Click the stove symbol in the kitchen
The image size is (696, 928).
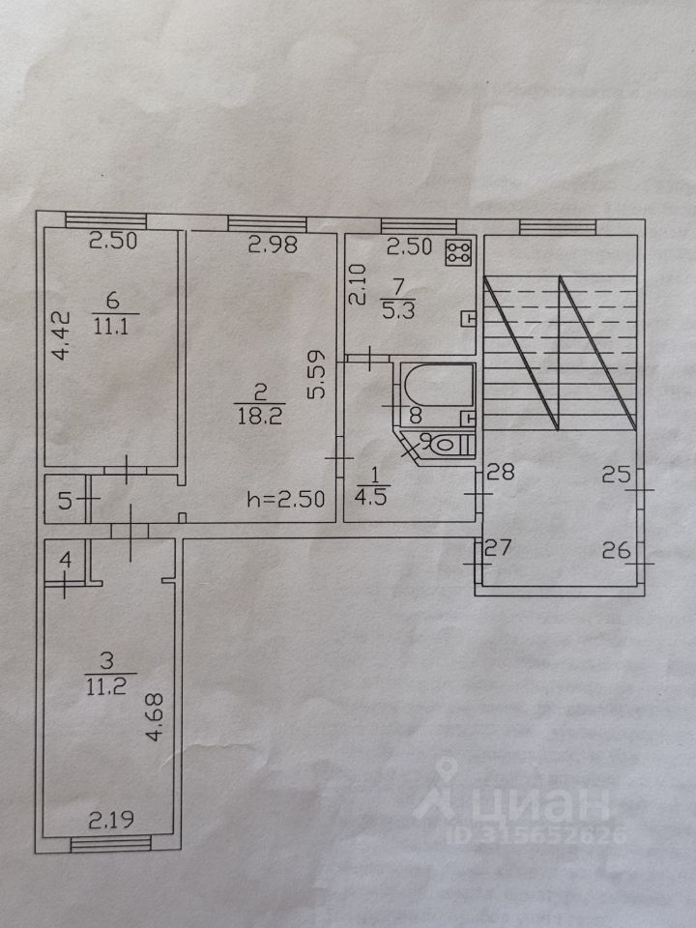coord(456,253)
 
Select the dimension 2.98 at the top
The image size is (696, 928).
coord(271,246)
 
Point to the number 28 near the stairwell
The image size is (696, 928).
coord(500,473)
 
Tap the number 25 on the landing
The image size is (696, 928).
coord(616,474)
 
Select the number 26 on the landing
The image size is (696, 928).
coord(617,551)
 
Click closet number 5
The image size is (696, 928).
coord(64,501)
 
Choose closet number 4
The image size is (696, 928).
coord(64,560)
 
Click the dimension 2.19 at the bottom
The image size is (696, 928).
coord(111,821)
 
